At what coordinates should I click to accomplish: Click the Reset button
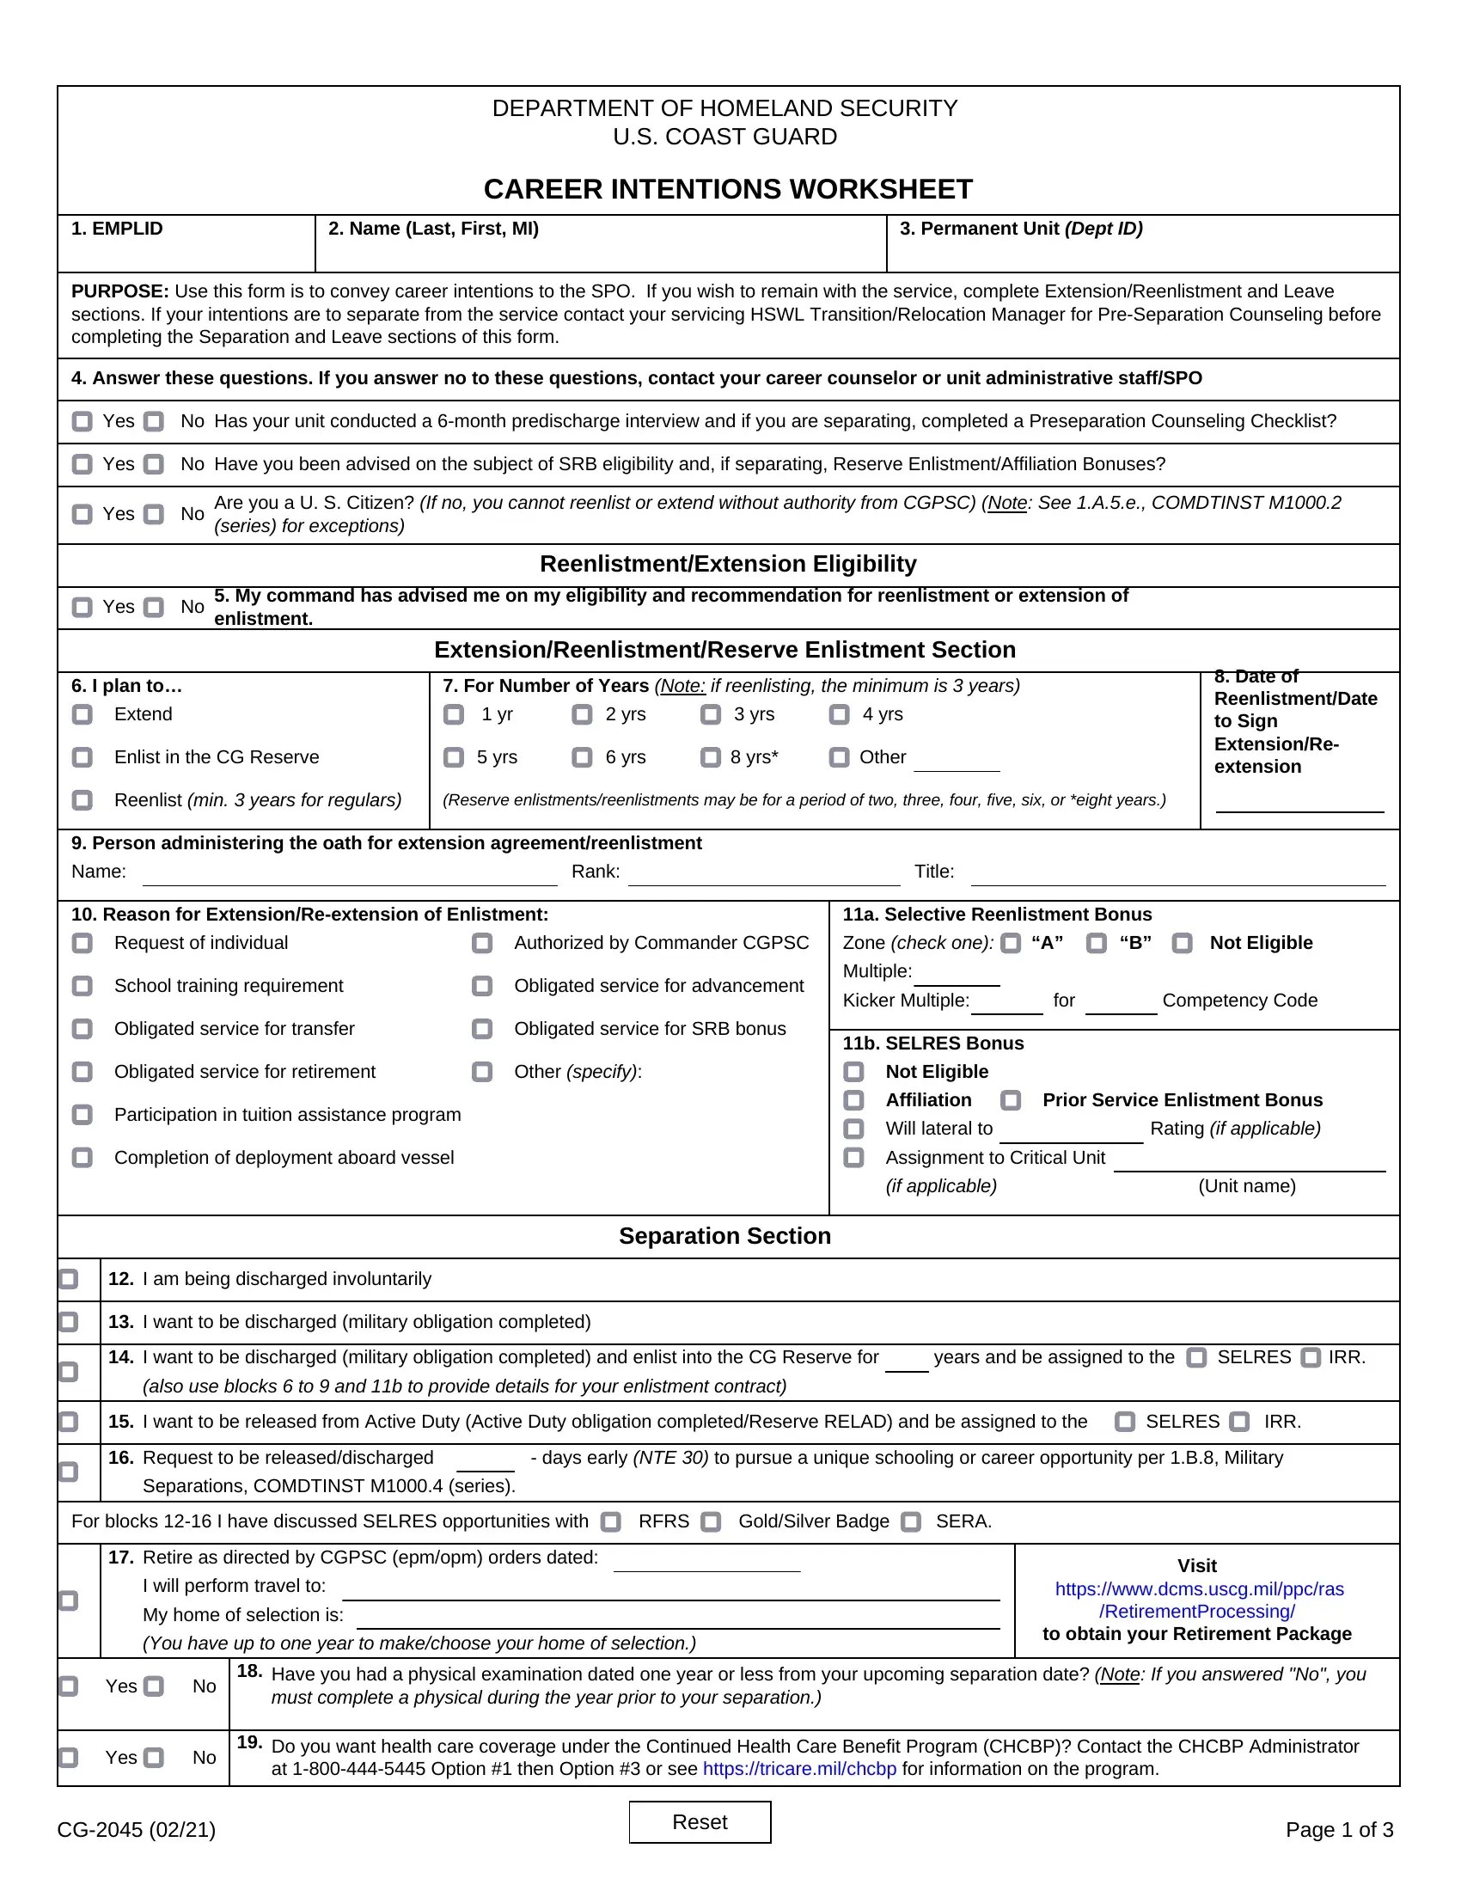coord(700,1821)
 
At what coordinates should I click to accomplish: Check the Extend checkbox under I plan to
coord(83,714)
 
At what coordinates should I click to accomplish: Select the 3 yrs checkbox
coord(711,714)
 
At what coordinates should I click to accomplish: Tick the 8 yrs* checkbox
coord(711,757)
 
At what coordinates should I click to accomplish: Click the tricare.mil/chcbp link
coord(799,1768)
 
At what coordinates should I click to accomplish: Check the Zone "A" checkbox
coord(1010,943)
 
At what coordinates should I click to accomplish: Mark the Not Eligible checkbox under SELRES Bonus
coord(853,1072)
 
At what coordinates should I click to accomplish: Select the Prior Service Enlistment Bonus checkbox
coord(1010,1100)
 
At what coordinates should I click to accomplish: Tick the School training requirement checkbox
coord(83,986)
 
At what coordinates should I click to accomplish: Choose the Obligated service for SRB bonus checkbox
coord(482,1029)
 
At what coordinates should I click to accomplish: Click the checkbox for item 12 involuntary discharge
coord(69,1279)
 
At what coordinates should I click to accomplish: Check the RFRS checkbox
coord(611,1522)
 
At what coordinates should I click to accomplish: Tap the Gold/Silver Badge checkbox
coord(711,1522)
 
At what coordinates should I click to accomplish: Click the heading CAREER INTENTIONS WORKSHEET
coord(728,189)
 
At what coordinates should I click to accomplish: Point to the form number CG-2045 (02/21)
coord(137,1829)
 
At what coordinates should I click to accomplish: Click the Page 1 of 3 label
coord(1339,1829)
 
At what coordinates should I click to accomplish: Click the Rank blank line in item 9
coord(763,876)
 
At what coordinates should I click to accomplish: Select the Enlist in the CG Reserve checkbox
coord(83,757)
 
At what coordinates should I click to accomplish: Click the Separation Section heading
coord(724,1235)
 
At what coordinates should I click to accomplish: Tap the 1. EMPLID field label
coord(117,229)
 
